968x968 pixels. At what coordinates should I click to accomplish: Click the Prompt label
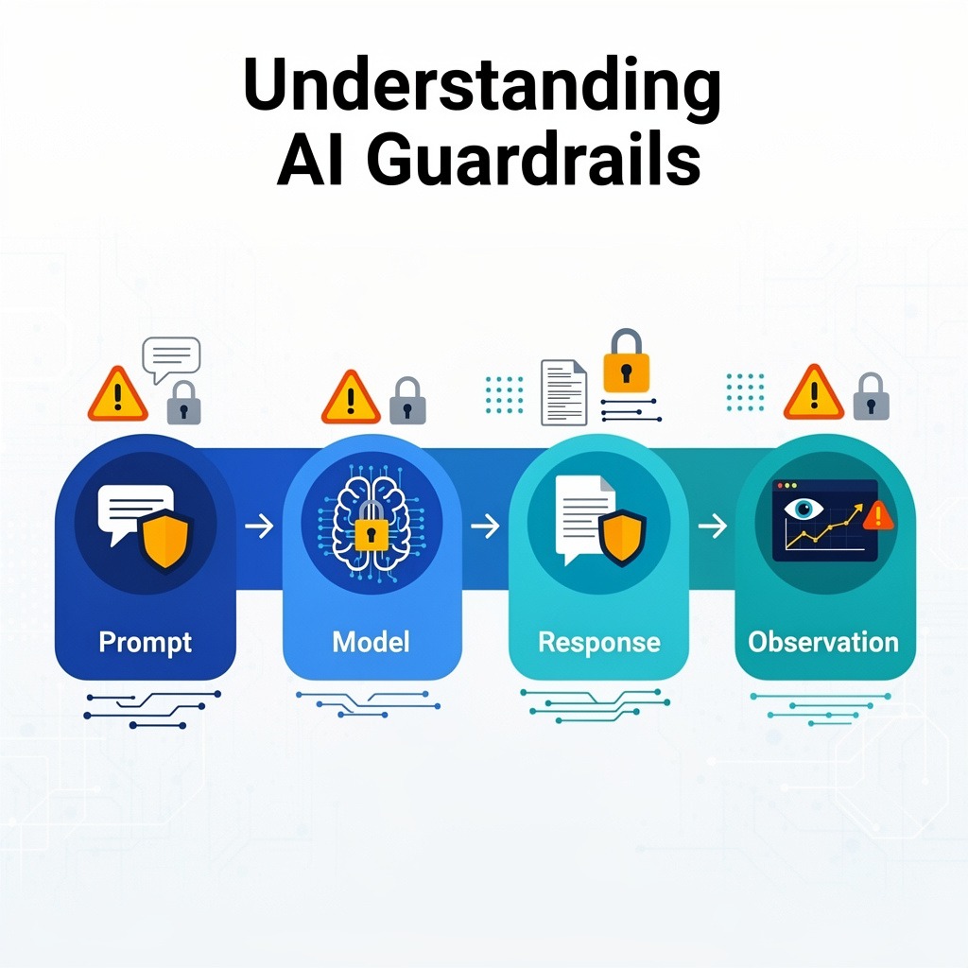145,643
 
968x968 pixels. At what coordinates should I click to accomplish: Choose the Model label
371,643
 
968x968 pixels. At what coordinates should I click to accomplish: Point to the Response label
598,643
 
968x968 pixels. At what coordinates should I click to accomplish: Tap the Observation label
822,643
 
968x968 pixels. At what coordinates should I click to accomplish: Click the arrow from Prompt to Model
258,526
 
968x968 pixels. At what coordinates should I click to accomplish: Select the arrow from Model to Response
485,526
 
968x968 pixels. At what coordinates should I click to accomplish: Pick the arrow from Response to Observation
712,526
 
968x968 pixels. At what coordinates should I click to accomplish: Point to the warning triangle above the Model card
351,399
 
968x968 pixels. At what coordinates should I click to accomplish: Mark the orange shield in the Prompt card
165,540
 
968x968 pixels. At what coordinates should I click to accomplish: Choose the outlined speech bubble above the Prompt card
171,358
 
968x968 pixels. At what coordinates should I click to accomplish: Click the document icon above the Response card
563,392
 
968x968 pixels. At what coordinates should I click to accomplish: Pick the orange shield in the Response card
622,537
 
